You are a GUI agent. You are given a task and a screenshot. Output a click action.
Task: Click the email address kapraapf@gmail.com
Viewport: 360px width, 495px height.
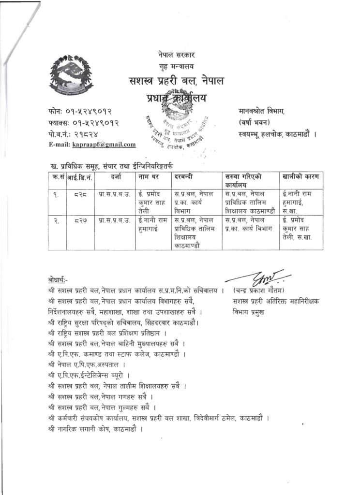click(104, 145)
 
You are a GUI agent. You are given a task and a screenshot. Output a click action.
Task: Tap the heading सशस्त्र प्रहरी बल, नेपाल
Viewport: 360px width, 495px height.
click(176, 80)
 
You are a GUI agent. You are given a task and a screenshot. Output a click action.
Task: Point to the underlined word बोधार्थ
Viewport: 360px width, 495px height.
click(59, 280)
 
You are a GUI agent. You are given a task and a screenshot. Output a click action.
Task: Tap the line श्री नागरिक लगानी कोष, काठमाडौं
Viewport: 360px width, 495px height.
click(96, 428)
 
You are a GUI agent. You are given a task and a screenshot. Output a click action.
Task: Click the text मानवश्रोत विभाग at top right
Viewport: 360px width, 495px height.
click(261, 112)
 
